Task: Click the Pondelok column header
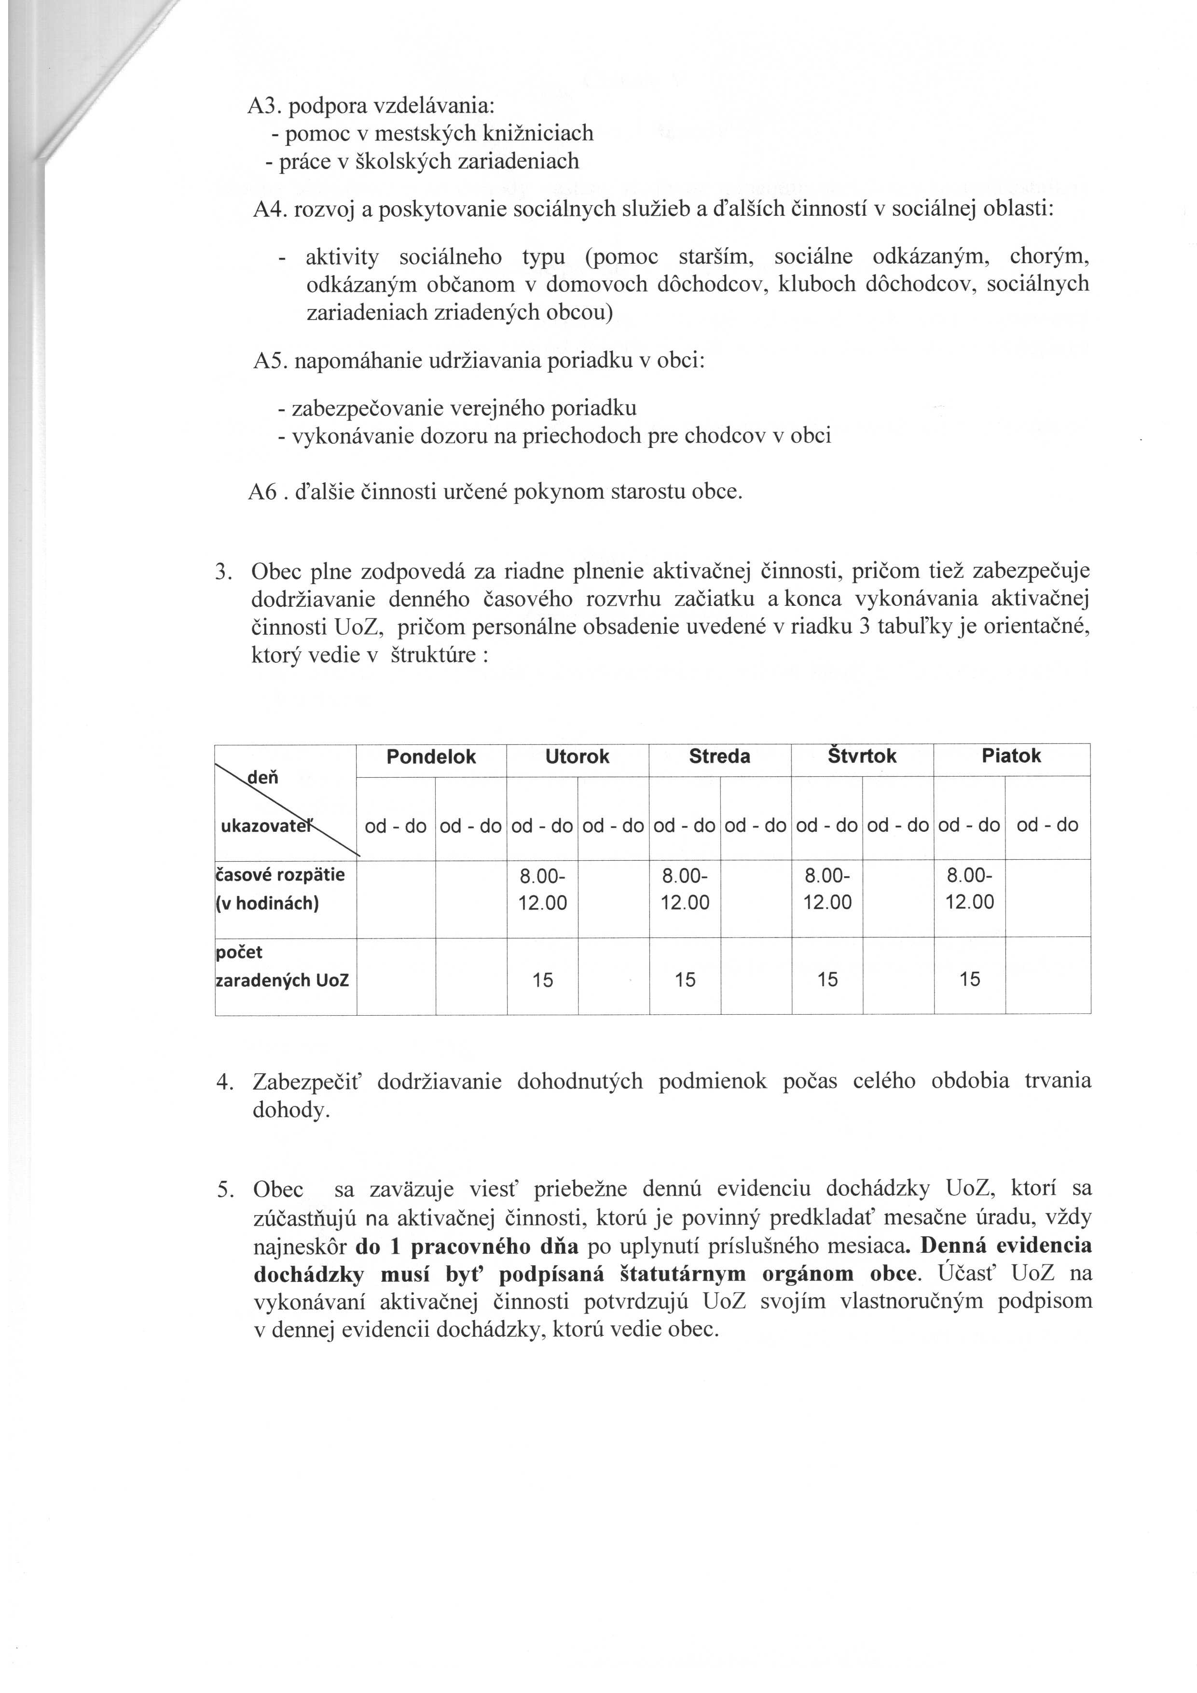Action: [x=431, y=756]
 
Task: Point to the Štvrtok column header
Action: [x=862, y=756]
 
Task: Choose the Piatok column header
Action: [x=1011, y=756]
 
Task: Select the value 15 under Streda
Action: [x=685, y=979]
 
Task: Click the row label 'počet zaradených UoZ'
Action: [x=282, y=966]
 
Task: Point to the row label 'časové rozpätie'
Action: [x=280, y=875]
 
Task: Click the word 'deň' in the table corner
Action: [x=264, y=777]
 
